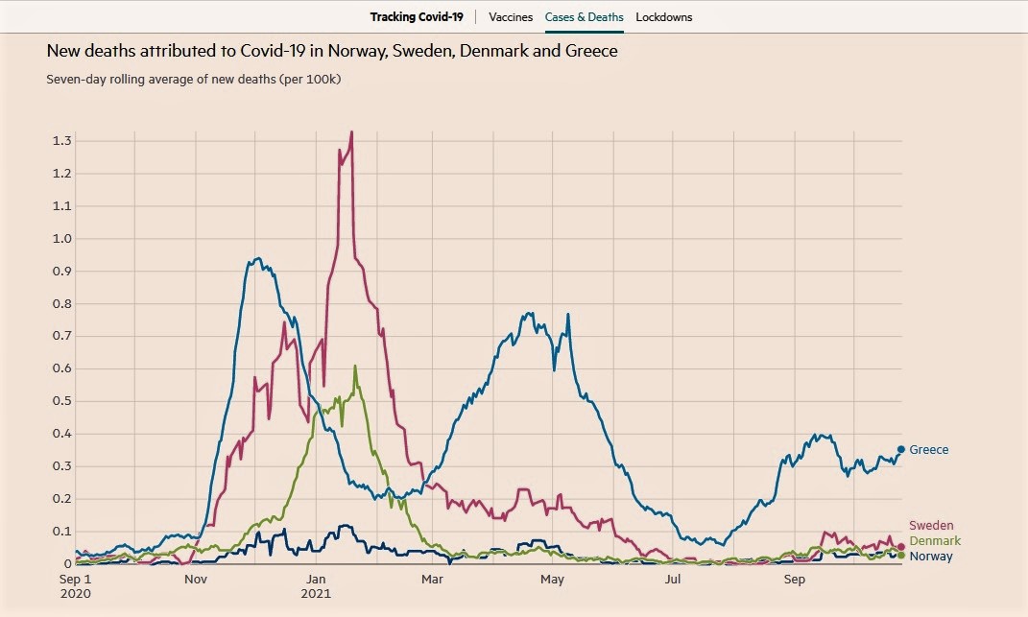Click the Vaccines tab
coord(511,17)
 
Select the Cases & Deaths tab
coord(584,17)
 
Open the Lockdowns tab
coord(663,17)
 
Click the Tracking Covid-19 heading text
coord(417,17)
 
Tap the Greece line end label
coord(928,450)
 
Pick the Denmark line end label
coord(934,541)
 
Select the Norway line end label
coord(931,557)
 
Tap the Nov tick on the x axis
coord(195,580)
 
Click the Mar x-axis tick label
coord(432,580)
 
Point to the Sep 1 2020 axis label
coord(75,586)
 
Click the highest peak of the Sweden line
coord(351,132)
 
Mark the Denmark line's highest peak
coord(355,366)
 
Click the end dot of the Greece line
coord(900,449)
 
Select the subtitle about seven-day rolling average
coord(193,79)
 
